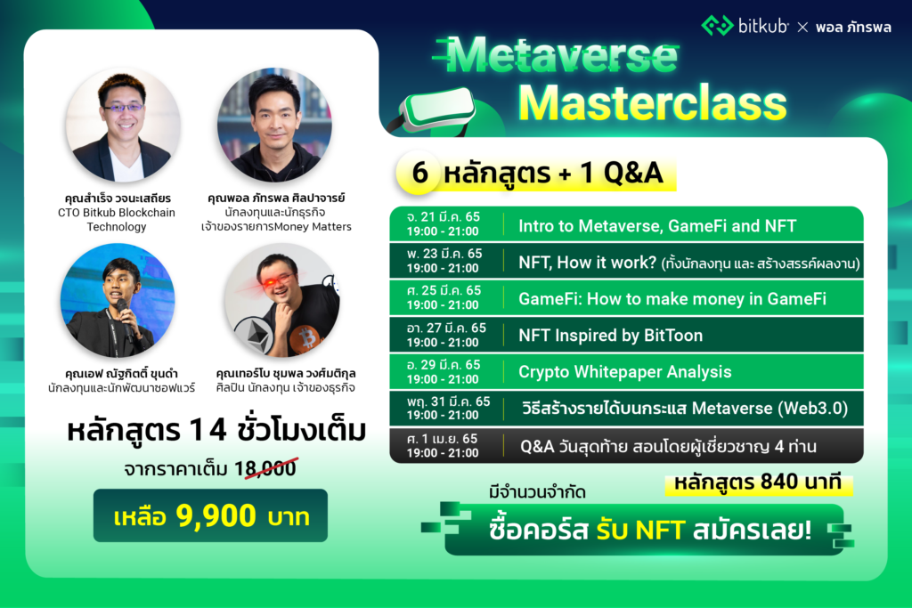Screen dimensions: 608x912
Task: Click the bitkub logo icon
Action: pos(717,25)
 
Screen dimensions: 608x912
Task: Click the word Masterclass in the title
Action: pos(653,102)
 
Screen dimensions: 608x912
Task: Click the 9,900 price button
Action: pos(210,515)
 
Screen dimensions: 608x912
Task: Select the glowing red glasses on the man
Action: pos(277,278)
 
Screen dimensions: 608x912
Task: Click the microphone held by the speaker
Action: pos(122,311)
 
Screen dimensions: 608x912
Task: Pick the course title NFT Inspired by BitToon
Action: pos(610,335)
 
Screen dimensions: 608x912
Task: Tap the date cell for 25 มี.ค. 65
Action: pos(444,298)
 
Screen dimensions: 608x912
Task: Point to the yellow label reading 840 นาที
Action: pos(758,484)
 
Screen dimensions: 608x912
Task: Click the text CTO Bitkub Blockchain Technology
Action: pos(122,219)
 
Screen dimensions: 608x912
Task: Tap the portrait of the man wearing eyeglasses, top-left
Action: pos(122,125)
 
